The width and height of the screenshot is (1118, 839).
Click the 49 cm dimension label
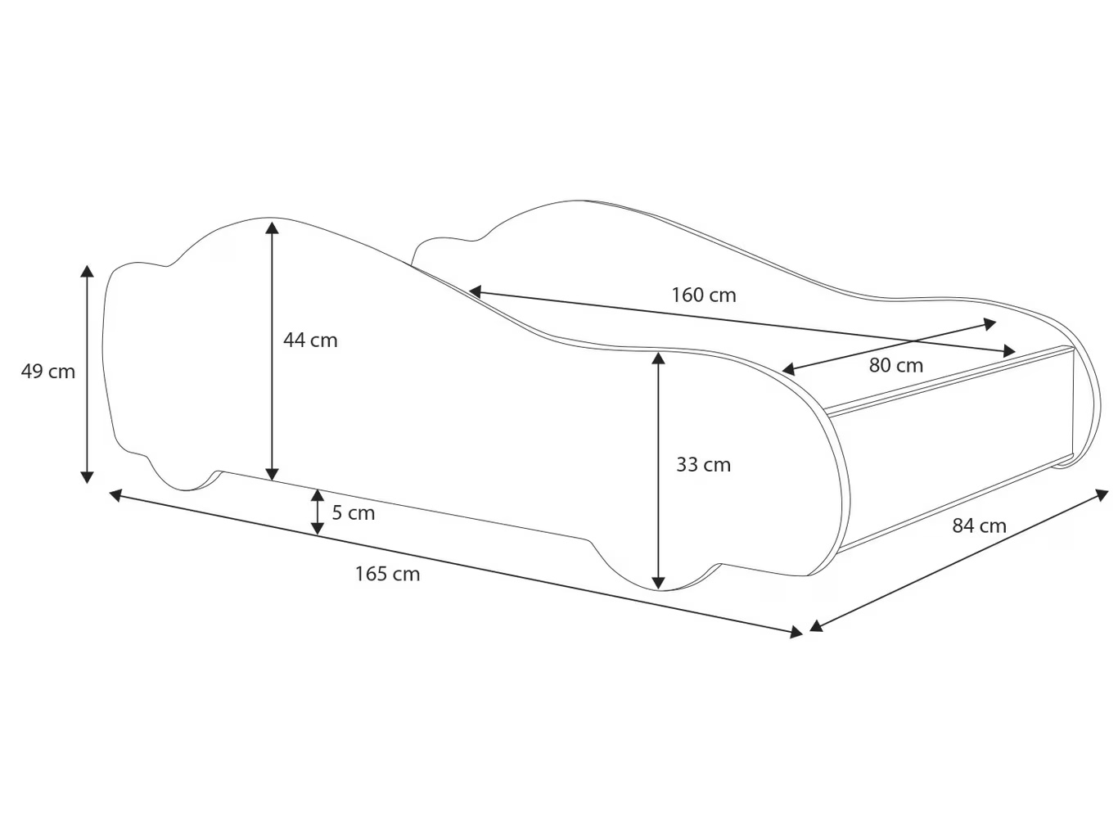tap(47, 372)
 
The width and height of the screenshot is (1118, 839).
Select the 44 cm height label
tap(310, 341)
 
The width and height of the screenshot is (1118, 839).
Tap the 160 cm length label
tap(703, 295)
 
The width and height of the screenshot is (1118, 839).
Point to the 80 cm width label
tap(895, 366)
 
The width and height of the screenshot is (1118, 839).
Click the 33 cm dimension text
tap(703, 465)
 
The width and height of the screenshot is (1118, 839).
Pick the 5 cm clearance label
tap(353, 513)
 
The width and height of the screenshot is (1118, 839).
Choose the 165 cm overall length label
tap(387, 574)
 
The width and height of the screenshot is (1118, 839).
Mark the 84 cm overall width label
tap(979, 526)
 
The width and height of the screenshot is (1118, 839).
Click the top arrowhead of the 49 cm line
tap(87, 272)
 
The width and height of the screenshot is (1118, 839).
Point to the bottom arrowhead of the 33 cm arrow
tap(659, 582)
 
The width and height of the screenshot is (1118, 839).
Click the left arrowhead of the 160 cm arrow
tap(476, 291)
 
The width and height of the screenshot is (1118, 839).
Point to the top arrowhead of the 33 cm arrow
tap(659, 358)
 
